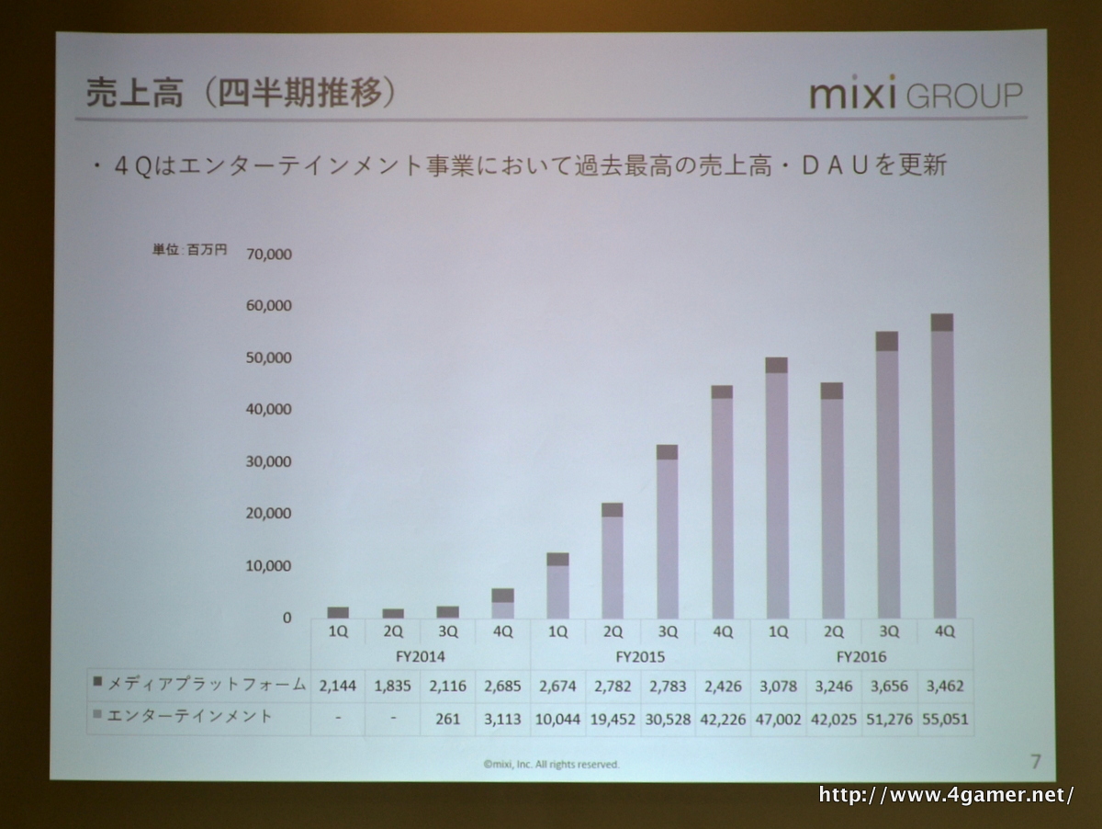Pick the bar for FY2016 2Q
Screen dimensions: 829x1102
click(832, 501)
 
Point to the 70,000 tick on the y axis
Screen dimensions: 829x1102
click(269, 254)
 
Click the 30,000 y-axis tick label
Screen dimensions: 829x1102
click(269, 461)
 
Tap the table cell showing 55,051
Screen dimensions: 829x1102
click(944, 718)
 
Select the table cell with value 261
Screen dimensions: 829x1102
click(448, 718)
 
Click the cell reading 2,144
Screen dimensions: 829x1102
click(338, 686)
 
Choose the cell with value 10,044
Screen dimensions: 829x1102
click(557, 718)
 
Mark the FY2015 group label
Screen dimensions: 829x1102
click(640, 657)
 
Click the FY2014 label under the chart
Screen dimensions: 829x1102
click(420, 657)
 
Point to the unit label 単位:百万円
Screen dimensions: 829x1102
click(189, 250)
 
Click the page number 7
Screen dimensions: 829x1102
click(1036, 761)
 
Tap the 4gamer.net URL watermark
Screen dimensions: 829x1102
click(945, 795)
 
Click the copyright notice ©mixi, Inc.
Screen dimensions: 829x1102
click(551, 764)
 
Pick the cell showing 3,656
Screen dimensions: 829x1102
click(888, 686)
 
